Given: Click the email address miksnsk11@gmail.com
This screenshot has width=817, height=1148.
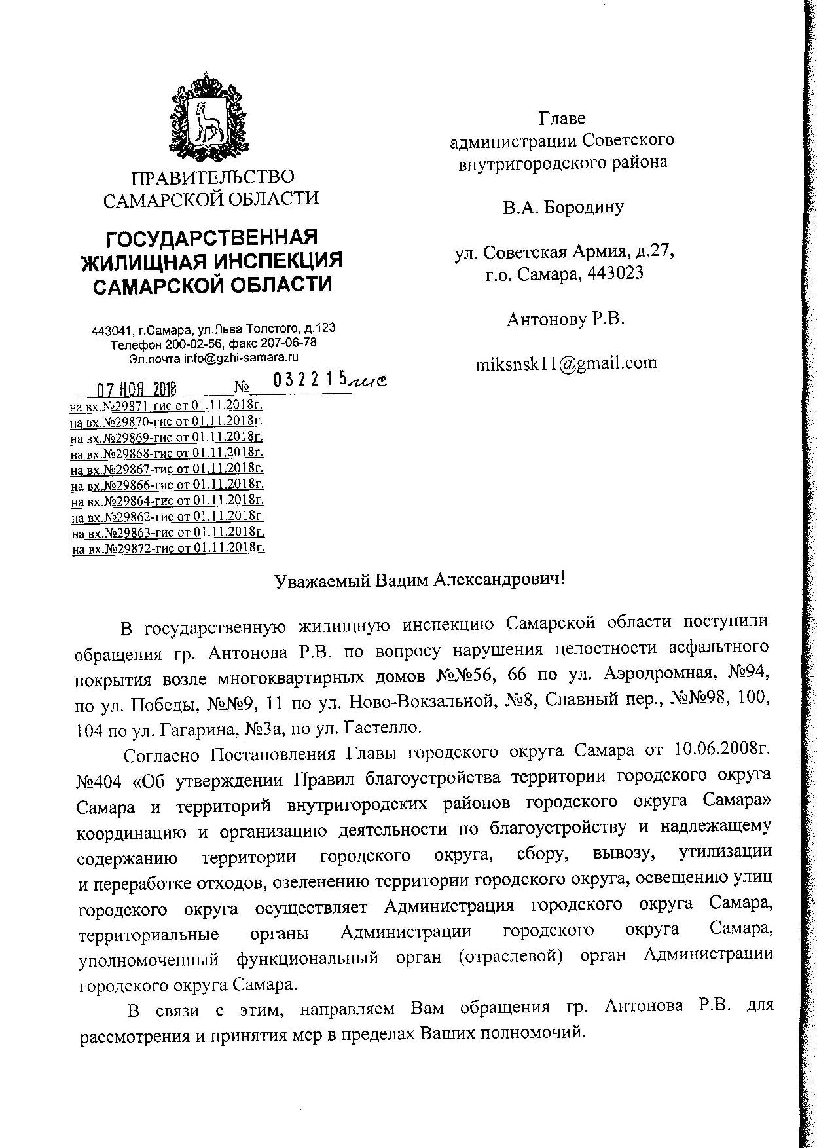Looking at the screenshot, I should (566, 363).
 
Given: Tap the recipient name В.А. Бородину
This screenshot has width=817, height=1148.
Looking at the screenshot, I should (563, 208).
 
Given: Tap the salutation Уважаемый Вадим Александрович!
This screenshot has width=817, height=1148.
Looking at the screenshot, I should (418, 580).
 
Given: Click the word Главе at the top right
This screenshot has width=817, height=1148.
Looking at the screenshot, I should (562, 119).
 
